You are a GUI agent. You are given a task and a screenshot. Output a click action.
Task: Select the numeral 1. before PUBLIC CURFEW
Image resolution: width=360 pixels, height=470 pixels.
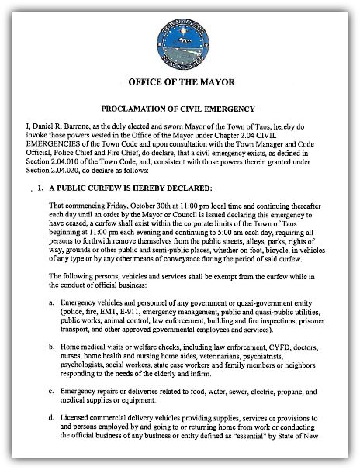(38, 188)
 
